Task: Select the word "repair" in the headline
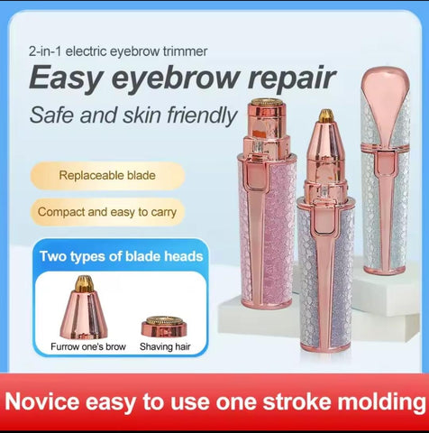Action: pos(287,78)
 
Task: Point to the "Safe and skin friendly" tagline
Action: pos(132,115)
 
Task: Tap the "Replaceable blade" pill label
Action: pos(105,175)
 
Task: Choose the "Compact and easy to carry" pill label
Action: pos(106,214)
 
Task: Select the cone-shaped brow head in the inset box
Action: pos(84,310)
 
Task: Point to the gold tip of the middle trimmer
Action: pos(326,116)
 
